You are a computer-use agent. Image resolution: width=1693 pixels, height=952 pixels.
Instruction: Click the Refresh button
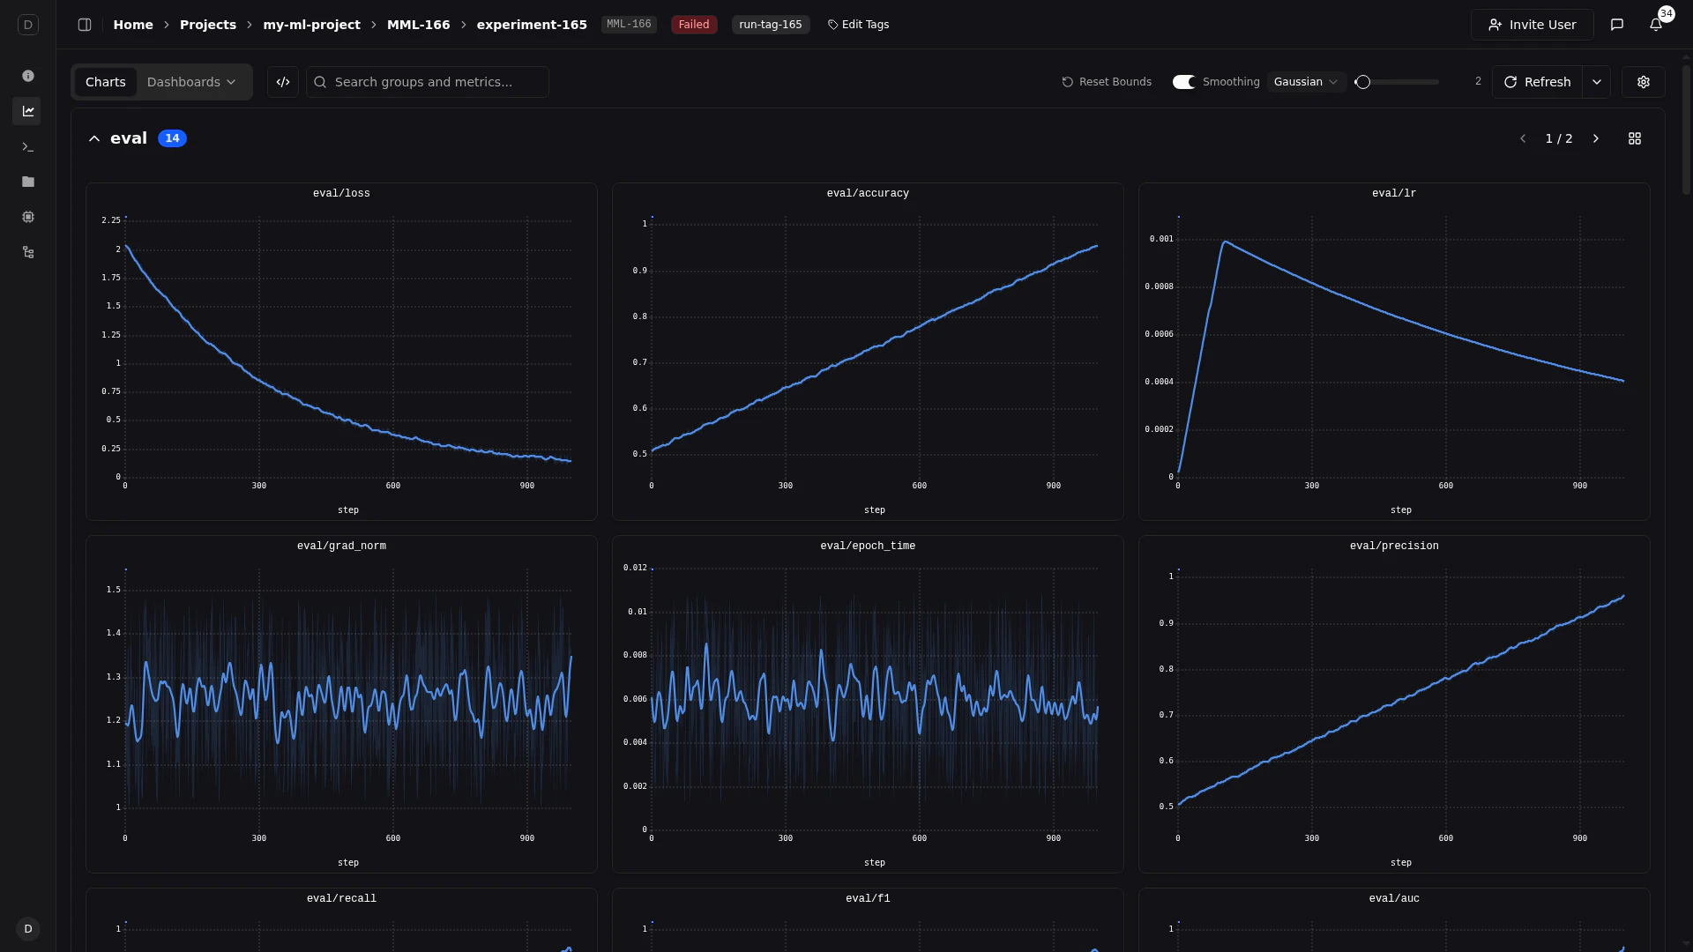pos(1537,82)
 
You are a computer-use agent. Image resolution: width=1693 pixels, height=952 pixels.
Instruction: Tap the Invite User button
pos(1532,25)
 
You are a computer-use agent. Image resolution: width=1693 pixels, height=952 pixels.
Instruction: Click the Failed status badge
pos(693,25)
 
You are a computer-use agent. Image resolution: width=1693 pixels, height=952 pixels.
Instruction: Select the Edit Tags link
pos(858,25)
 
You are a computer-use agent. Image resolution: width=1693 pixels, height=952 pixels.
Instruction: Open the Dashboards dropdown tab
pos(191,82)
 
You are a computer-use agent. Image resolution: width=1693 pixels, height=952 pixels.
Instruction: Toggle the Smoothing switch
pos(1183,82)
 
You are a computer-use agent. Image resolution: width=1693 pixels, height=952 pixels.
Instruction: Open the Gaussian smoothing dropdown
pos(1306,82)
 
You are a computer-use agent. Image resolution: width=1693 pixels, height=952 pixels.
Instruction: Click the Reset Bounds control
pos(1107,82)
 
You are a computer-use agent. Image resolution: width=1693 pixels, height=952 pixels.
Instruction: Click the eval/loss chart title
pos(341,193)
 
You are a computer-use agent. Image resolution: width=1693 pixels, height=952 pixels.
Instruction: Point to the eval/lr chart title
pos(1393,193)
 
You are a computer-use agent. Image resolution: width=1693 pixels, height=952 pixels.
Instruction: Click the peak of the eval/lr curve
pos(1225,242)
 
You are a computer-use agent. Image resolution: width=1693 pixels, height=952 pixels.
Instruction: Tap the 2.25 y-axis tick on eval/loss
pos(111,220)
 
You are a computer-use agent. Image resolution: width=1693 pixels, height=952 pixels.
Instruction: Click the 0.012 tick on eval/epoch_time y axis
pos(635,568)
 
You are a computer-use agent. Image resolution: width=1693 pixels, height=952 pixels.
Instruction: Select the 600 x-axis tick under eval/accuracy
pos(919,486)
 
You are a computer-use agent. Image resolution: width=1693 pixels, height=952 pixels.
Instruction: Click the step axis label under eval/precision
pos(1400,863)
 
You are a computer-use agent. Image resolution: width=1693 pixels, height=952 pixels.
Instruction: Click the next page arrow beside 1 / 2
pos(1595,138)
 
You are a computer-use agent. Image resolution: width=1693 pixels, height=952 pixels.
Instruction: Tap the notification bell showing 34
pos(1656,25)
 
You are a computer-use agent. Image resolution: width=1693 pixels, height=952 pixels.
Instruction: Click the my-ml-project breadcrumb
pos(311,25)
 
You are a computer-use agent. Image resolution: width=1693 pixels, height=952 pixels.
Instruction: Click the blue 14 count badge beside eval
pos(172,138)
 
